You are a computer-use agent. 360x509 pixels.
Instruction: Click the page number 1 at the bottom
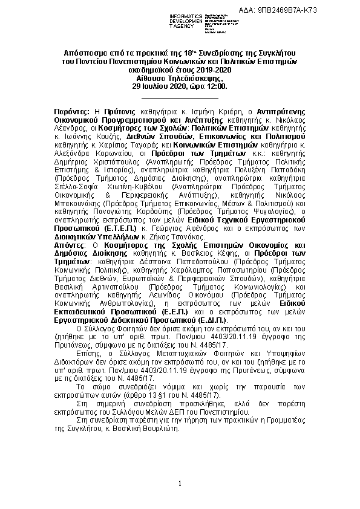pos(180,483)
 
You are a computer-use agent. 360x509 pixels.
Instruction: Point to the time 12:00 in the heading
pos(215,86)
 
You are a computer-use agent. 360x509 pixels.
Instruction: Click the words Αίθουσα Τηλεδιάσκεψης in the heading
pos(180,79)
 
